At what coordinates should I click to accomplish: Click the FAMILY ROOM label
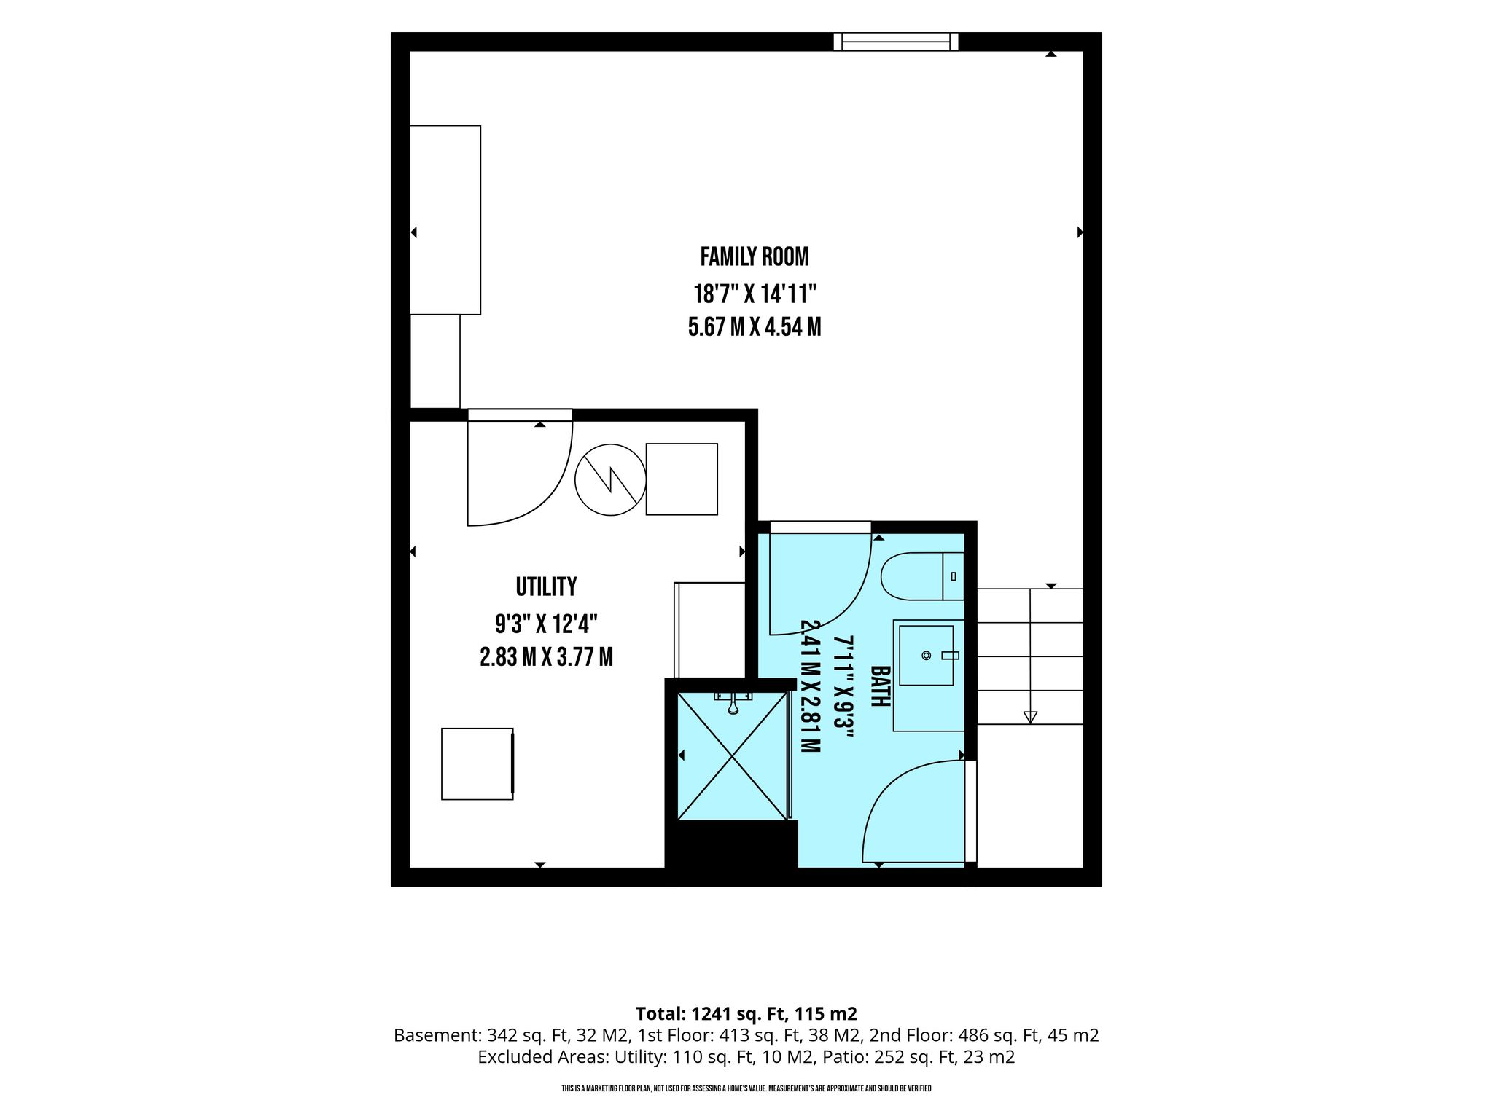pyautogui.click(x=755, y=256)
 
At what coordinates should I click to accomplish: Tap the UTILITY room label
pyautogui.click(x=546, y=586)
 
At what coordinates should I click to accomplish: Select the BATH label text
pyautogui.click(x=881, y=686)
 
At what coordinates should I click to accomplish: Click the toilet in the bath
pyautogui.click(x=922, y=576)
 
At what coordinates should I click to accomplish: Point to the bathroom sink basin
pyautogui.click(x=926, y=656)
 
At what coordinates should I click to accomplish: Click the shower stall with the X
pyautogui.click(x=733, y=755)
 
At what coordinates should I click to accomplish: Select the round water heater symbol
pyautogui.click(x=610, y=480)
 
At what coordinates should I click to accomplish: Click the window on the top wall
pyautogui.click(x=896, y=42)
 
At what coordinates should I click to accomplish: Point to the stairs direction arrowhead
pyautogui.click(x=1030, y=717)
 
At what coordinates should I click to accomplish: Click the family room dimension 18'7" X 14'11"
pyautogui.click(x=755, y=294)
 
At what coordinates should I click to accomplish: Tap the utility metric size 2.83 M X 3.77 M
pyautogui.click(x=546, y=657)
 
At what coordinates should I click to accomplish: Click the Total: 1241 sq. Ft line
pyautogui.click(x=746, y=1013)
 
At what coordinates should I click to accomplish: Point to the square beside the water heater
pyautogui.click(x=682, y=479)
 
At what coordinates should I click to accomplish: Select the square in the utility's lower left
pyautogui.click(x=477, y=763)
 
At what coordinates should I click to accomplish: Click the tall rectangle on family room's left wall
pyautogui.click(x=445, y=220)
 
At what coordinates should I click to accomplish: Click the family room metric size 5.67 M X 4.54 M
pyautogui.click(x=755, y=327)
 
